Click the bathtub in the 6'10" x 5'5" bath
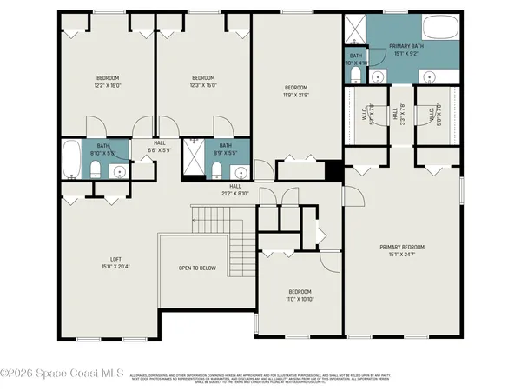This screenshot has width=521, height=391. [70, 161]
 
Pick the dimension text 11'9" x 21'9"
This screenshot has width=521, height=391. [296, 95]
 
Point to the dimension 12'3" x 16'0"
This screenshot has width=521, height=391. [202, 85]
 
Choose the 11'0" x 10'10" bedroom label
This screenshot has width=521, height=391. [299, 295]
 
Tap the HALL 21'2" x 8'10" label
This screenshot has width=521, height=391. [234, 189]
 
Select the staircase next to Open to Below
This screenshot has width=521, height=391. [225, 239]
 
